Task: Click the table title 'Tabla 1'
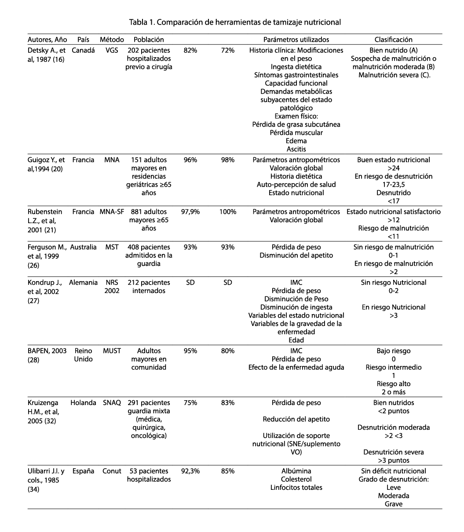pyautogui.click(x=235, y=21)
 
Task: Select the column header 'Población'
pyautogui.click(x=149, y=40)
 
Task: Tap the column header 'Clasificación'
pyautogui.click(x=393, y=40)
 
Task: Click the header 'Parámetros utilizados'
pyautogui.click(x=296, y=40)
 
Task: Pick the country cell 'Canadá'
pyautogui.click(x=83, y=51)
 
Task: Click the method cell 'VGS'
pyautogui.click(x=112, y=51)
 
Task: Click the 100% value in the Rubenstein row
pyautogui.click(x=228, y=212)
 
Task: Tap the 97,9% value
pyautogui.click(x=190, y=212)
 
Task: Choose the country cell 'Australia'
pyautogui.click(x=83, y=247)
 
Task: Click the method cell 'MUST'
pyautogui.click(x=112, y=351)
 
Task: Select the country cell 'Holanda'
pyautogui.click(x=83, y=403)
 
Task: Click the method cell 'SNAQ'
pyautogui.click(x=112, y=403)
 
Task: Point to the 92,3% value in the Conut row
pyautogui.click(x=190, y=471)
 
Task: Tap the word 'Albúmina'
pyautogui.click(x=296, y=471)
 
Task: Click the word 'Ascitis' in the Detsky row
pyautogui.click(x=296, y=149)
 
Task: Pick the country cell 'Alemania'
pyautogui.click(x=83, y=283)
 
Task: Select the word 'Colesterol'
pyautogui.click(x=296, y=479)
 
